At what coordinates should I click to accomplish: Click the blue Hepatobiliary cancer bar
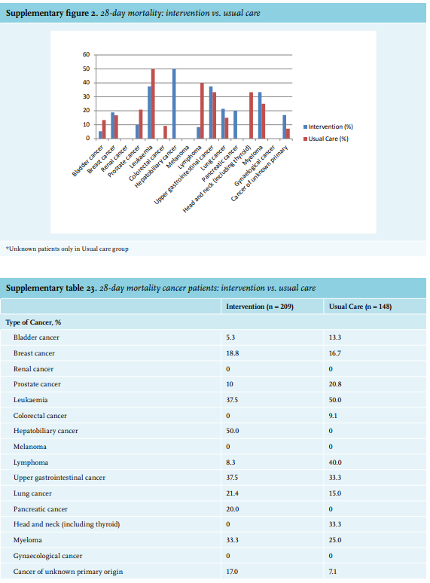point(174,104)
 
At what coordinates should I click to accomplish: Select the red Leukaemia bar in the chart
point(153,104)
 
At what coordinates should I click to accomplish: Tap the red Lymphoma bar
point(202,111)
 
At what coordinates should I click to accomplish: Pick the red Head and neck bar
point(252,115)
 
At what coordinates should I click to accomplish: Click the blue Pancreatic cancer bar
point(235,124)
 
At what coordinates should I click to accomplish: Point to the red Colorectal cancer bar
point(165,133)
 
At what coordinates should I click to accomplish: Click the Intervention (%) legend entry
point(328,127)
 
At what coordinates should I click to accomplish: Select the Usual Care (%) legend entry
point(326,139)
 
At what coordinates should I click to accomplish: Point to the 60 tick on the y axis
point(86,55)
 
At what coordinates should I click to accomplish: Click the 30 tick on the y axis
point(86,96)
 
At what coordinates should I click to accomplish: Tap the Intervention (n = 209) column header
point(260,307)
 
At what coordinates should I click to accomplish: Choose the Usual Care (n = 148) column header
point(360,307)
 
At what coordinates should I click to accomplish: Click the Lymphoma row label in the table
point(31,462)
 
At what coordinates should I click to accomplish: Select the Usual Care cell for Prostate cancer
point(335,384)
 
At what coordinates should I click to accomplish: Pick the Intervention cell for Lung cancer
point(232,493)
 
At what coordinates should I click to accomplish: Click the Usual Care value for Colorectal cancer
point(333,416)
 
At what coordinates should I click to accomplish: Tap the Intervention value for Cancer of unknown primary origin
point(232,572)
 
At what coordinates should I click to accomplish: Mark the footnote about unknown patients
point(67,249)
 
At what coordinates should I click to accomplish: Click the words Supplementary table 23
point(51,288)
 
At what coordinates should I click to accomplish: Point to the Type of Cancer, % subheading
point(33,322)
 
